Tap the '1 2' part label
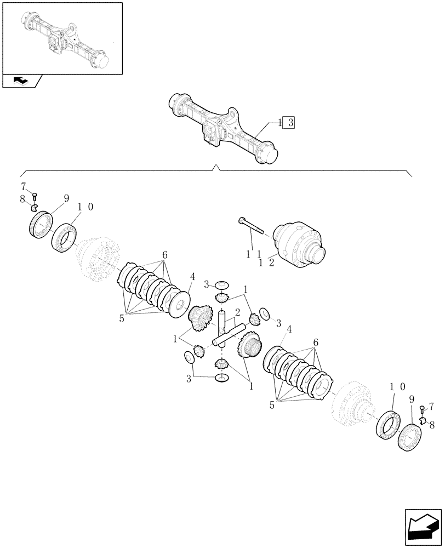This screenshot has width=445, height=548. [266, 263]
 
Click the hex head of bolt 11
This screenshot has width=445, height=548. [243, 221]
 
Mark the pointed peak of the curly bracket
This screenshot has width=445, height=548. [218, 167]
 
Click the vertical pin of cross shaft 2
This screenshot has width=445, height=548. [223, 324]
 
